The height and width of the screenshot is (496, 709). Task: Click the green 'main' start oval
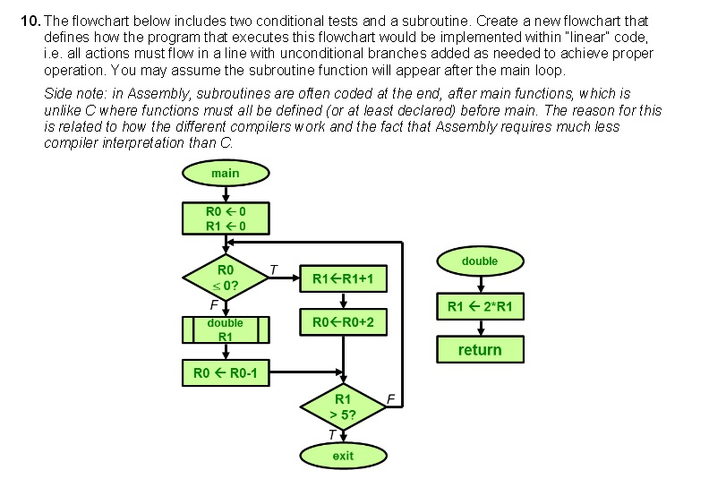(225, 172)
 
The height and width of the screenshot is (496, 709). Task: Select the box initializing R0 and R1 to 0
(225, 218)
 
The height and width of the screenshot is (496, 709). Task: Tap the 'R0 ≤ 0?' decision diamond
(225, 278)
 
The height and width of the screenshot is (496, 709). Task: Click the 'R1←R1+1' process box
(343, 279)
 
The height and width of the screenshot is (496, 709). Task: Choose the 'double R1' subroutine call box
(225, 329)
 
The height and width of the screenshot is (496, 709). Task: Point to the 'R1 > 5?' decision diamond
(343, 406)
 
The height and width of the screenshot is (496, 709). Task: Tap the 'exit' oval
(343, 456)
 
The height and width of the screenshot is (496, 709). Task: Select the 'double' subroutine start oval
(480, 261)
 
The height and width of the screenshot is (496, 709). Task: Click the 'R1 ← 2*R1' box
(480, 307)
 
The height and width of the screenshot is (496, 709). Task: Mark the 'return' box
(480, 349)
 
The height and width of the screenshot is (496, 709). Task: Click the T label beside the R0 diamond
(274, 269)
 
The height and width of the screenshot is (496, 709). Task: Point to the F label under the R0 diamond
(213, 305)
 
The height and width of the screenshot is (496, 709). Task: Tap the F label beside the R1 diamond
(390, 397)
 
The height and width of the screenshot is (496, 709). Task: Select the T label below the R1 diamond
(332, 434)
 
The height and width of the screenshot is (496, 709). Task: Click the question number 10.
(30, 20)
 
